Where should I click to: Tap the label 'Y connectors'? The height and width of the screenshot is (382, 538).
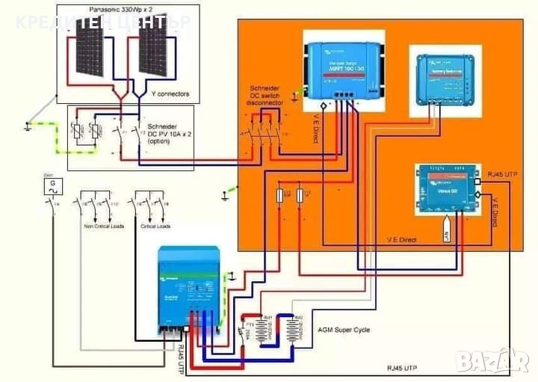pos(170,94)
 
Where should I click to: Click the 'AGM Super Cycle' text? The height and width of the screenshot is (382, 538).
pos(344,330)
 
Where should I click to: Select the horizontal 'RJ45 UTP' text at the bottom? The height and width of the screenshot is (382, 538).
pos(403,368)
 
